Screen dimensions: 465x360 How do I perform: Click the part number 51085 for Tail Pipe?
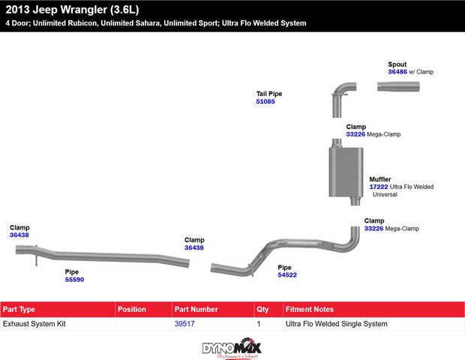coord(265,102)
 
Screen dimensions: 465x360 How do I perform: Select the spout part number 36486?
coord(397,72)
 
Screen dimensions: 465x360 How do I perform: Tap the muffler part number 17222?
coord(379,187)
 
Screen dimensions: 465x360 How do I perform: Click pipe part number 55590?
coord(74,280)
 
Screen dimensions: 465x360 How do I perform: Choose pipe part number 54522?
coord(287,275)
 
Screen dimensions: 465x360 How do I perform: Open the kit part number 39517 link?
coord(184,324)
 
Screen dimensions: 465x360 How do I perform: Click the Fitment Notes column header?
coord(310,309)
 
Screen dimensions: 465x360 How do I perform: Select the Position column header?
coord(132,309)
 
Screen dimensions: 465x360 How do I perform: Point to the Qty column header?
coord(262,310)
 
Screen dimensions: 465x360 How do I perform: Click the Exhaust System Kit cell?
coord(34,324)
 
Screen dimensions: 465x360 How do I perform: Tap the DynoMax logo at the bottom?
coord(232,349)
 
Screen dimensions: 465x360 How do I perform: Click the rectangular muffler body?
coord(346,172)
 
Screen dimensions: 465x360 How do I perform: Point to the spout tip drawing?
coord(398,86)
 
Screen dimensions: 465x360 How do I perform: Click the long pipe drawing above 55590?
coord(102,256)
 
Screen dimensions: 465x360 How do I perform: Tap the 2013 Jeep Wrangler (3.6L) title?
coord(72,10)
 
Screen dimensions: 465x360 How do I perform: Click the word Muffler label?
coord(380,179)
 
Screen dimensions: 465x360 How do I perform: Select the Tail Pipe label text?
coord(269,94)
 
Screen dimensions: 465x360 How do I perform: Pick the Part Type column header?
coord(19,310)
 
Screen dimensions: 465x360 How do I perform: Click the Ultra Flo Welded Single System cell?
coord(336,324)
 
